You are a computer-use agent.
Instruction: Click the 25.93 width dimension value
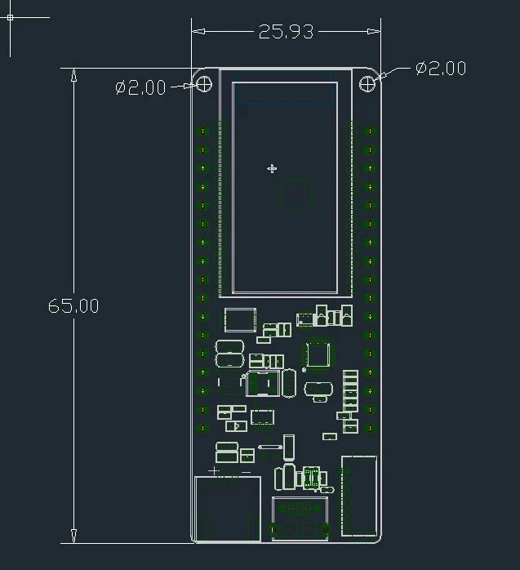pyautogui.click(x=286, y=32)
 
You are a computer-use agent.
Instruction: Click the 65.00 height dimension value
pyautogui.click(x=73, y=305)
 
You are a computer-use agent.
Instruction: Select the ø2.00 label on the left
pyautogui.click(x=140, y=87)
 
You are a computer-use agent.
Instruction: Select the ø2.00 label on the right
pyautogui.click(x=441, y=69)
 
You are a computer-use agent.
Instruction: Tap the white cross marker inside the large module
pyautogui.click(x=272, y=169)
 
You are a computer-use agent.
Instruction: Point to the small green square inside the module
pyautogui.click(x=296, y=194)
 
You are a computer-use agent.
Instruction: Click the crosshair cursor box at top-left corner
pyautogui.click(x=10, y=17)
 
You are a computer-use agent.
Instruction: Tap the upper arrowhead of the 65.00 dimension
pyautogui.click(x=73, y=74)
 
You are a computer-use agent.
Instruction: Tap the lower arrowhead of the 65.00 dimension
pyautogui.click(x=73, y=537)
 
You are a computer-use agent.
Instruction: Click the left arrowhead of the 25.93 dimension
pyautogui.click(x=198, y=31)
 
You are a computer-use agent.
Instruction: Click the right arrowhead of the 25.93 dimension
pyautogui.click(x=374, y=31)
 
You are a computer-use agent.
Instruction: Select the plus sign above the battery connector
pyautogui.click(x=213, y=471)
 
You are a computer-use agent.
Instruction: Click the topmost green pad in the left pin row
pyautogui.click(x=203, y=131)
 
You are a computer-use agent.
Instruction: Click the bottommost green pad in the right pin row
pyautogui.click(x=370, y=428)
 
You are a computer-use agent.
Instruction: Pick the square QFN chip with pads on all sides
pyautogui.click(x=318, y=354)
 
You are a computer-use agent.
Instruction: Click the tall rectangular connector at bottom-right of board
pyautogui.click(x=358, y=496)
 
